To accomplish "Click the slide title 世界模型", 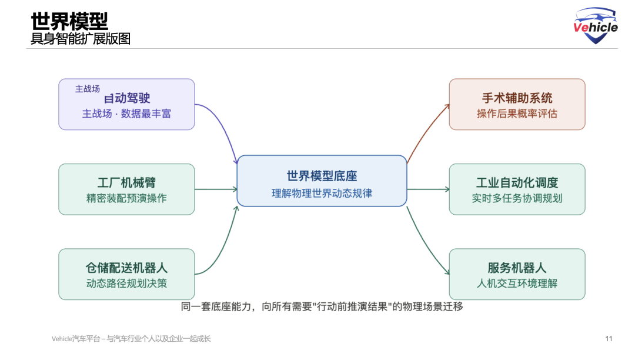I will (x=69, y=21).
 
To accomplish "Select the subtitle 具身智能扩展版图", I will (x=81, y=39).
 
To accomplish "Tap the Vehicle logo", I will (x=596, y=26).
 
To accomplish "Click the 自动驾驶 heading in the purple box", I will (x=128, y=98).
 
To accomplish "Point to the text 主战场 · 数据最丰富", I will (x=126, y=114).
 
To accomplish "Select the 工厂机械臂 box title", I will (x=126, y=182).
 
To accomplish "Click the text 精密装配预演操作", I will (x=126, y=198).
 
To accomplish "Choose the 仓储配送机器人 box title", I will (x=126, y=268).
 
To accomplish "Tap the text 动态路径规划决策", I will (x=126, y=283).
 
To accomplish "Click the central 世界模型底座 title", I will (x=322, y=176).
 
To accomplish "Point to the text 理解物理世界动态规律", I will (x=322, y=192).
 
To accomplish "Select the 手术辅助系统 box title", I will (x=517, y=98).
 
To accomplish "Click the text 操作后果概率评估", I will (x=517, y=114).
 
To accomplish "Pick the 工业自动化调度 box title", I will (x=517, y=182).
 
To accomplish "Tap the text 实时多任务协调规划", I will (x=517, y=198).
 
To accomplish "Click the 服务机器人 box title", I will (x=517, y=268).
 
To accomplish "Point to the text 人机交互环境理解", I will (x=517, y=283).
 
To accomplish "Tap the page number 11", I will (x=609, y=338).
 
